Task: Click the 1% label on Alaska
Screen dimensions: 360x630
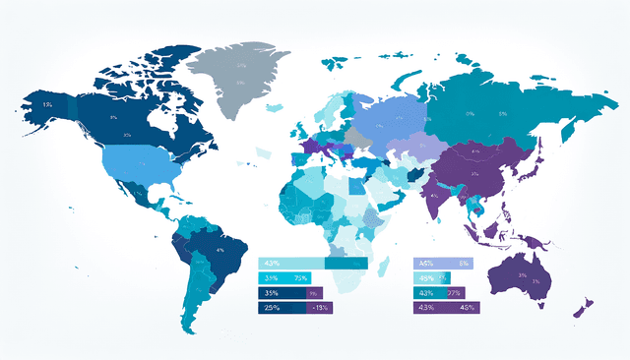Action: point(47,103)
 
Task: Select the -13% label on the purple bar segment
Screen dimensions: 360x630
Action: point(320,308)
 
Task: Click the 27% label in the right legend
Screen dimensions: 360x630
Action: point(454,293)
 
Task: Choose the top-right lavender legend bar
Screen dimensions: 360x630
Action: point(444,264)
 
